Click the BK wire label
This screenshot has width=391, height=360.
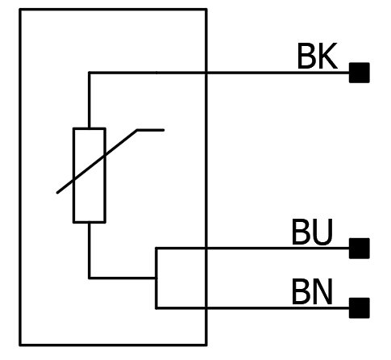pyautogui.click(x=317, y=56)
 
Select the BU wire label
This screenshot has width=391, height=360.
pyautogui.click(x=312, y=232)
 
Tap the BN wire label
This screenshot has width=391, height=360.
pyautogui.click(x=312, y=292)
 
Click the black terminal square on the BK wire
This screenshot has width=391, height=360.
pyautogui.click(x=360, y=73)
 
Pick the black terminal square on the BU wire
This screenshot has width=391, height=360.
pyautogui.click(x=360, y=249)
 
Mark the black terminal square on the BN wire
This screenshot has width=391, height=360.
pyautogui.click(x=360, y=308)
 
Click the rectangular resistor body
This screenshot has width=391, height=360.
pyautogui.click(x=89, y=175)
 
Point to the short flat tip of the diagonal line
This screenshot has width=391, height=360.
pyautogui.click(x=151, y=130)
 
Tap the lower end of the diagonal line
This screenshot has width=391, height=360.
pyautogui.click(x=57, y=193)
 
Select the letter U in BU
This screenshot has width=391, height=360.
pyautogui.click(x=322, y=232)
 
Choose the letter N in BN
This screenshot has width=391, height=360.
pyautogui.click(x=322, y=292)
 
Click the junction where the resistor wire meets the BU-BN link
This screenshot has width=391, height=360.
pyautogui.click(x=156, y=278)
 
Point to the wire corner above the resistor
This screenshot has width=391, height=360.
pyautogui.click(x=89, y=73)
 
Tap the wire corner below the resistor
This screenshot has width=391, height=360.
pyautogui.click(x=89, y=278)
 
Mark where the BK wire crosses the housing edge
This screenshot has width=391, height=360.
pyautogui.click(x=206, y=73)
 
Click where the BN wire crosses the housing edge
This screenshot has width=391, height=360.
pyautogui.click(x=206, y=308)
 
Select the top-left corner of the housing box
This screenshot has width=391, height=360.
pyautogui.click(x=20, y=10)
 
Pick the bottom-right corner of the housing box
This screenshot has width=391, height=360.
pyautogui.click(x=206, y=345)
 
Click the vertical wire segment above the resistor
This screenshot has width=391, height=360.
pyautogui.click(x=89, y=100)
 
